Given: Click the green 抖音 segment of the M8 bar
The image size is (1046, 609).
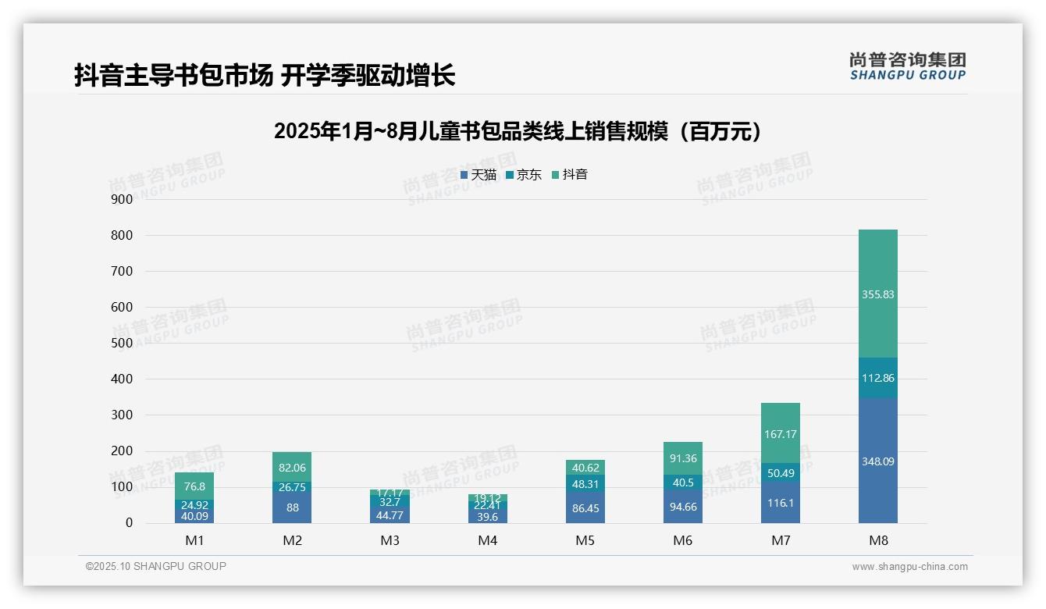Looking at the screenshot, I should (x=877, y=294).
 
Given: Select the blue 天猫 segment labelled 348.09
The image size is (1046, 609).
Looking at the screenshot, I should (x=877, y=461).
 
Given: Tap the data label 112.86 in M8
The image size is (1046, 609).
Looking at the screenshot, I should (x=877, y=378).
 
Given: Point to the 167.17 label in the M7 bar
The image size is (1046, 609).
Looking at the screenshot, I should (x=780, y=434).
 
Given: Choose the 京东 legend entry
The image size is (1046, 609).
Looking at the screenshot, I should (x=524, y=175).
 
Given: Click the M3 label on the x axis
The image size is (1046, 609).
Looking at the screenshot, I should (x=390, y=540).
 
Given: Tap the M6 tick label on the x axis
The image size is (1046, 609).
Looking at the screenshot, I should (x=682, y=540).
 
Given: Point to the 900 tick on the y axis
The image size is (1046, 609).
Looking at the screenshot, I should (x=122, y=199).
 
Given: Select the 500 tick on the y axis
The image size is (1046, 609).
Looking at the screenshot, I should (x=122, y=343).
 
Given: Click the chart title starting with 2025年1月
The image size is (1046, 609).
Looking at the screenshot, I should (x=518, y=132).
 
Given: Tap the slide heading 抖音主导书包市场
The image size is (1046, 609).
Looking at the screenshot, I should (x=265, y=76).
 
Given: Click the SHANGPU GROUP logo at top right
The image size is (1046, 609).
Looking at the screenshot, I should (x=907, y=66).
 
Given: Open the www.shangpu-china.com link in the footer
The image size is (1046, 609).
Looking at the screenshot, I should (x=909, y=567).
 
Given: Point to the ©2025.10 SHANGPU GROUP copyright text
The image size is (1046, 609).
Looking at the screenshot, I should (x=156, y=566).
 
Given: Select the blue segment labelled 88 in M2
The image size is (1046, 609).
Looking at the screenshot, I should (x=292, y=507).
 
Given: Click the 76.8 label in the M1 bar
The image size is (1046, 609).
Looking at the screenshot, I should (x=194, y=486).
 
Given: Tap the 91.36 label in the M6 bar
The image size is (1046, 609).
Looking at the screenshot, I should (x=682, y=458).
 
